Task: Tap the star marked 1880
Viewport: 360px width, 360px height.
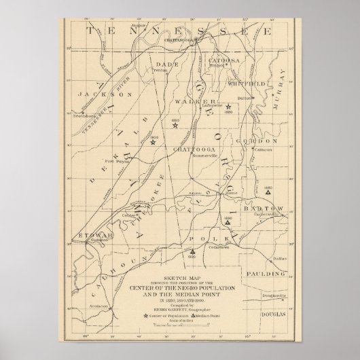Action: pos(229,107)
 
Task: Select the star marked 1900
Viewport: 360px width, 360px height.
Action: pos(154,142)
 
